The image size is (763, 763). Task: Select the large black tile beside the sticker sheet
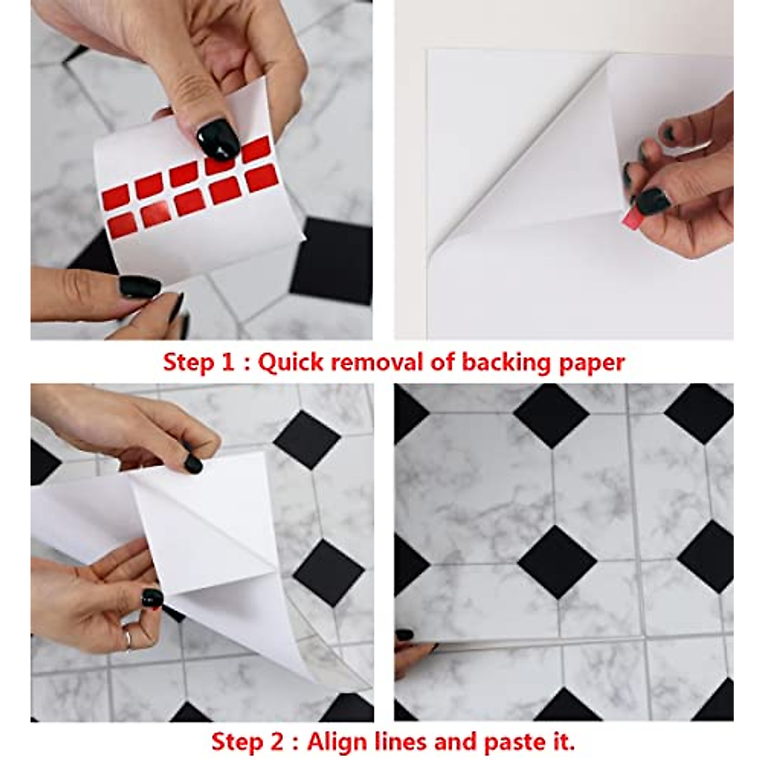[331, 260]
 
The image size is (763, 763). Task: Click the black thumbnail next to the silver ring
[153, 597]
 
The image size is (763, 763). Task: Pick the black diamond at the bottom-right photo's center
[557, 561]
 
